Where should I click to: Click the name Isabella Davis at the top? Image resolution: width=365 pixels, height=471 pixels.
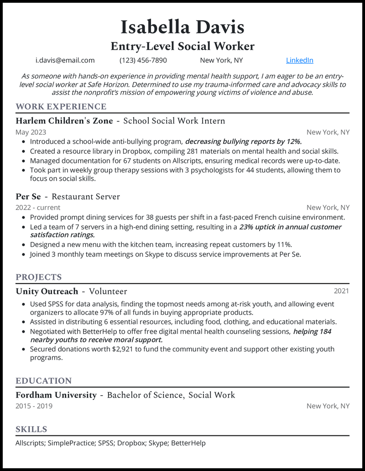182,27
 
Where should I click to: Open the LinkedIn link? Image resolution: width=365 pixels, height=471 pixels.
299,60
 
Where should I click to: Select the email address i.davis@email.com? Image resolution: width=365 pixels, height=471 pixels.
65,60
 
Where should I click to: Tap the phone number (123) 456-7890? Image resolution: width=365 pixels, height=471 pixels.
143,60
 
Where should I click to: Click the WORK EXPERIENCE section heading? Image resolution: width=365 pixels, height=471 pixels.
61,107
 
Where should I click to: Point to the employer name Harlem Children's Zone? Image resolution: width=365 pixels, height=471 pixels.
63,121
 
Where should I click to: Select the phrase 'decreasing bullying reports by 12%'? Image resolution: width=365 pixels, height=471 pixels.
243,141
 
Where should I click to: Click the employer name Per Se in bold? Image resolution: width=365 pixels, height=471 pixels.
28,197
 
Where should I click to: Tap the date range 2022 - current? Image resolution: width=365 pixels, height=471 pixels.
38,208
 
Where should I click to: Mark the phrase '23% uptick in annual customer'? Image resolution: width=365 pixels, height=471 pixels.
290,227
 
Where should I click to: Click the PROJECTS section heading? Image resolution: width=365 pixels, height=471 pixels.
39,277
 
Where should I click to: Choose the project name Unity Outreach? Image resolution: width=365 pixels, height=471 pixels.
47,291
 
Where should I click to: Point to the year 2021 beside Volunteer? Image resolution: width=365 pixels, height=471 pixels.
341,291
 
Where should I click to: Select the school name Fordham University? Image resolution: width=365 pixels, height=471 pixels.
56,395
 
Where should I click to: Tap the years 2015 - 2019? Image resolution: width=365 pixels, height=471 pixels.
34,406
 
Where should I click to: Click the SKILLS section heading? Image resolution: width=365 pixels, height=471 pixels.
31,429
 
